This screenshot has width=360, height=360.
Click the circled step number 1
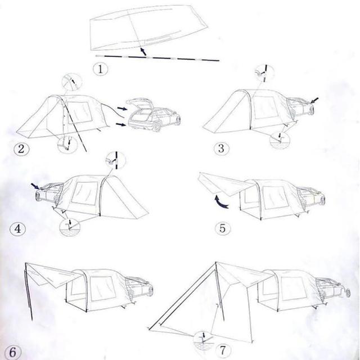(x=101, y=69)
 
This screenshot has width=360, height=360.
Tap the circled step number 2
(x=21, y=148)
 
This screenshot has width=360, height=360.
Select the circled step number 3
(x=221, y=148)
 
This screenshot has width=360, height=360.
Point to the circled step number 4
(x=17, y=229)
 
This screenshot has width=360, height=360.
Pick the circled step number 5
(x=223, y=228)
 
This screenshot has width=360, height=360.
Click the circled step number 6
(x=12, y=352)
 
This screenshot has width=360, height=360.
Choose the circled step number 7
(x=223, y=350)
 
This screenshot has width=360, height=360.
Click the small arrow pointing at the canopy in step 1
(x=143, y=51)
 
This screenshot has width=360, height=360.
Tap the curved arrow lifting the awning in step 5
(x=221, y=202)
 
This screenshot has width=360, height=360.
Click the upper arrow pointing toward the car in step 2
(x=122, y=108)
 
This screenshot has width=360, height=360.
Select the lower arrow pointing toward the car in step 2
(x=121, y=124)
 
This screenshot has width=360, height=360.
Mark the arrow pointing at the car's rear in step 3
(x=314, y=100)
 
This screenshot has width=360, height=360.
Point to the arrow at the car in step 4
(x=35, y=186)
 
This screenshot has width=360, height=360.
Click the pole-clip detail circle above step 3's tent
(x=264, y=74)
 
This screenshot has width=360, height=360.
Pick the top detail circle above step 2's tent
(x=73, y=82)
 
